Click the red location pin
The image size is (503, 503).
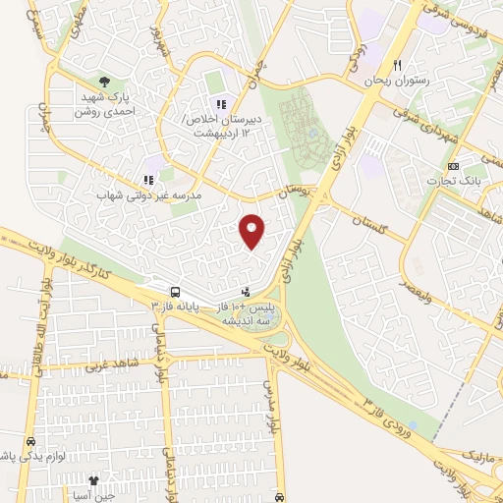coord(252,230)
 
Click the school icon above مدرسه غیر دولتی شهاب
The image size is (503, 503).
coord(148,180)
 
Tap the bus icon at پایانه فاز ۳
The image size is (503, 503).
coord(174,292)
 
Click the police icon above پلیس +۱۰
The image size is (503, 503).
coord(246,291)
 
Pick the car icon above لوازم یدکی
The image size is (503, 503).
coord(32,442)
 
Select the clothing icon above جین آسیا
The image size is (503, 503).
coord(94,480)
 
